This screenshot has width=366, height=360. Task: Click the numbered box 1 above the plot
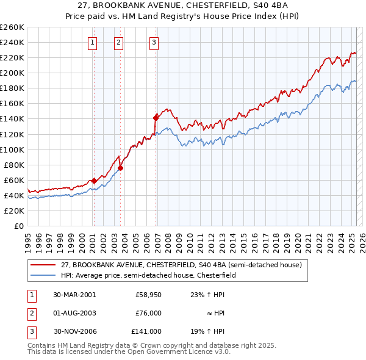[x=92, y=42]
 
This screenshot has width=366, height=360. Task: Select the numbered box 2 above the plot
[x=118, y=42]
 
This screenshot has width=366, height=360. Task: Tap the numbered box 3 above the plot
[x=154, y=42]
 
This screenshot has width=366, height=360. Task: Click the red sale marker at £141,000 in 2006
[x=156, y=117]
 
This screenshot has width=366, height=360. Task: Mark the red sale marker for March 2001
[x=95, y=181]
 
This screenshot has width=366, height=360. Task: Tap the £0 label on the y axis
[x=19, y=226]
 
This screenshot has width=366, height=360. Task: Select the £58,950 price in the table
[x=148, y=295]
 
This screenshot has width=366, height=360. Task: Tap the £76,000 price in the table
[x=148, y=313]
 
